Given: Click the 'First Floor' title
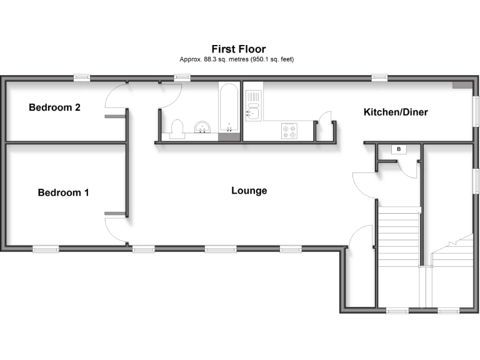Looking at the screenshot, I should [x=238, y=49].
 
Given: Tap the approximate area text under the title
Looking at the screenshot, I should [x=237, y=59].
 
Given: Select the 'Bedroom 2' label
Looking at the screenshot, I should [x=54, y=107].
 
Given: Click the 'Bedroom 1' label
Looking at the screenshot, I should [x=63, y=192].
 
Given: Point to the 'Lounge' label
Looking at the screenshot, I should [x=249, y=191].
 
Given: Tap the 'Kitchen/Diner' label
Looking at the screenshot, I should [x=396, y=112].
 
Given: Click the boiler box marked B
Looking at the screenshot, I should [x=398, y=149].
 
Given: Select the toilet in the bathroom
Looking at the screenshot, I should [x=177, y=128].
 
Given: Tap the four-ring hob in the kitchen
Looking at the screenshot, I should [x=291, y=131].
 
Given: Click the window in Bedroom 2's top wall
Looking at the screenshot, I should [x=82, y=77].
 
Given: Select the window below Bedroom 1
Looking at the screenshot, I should [x=45, y=249].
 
